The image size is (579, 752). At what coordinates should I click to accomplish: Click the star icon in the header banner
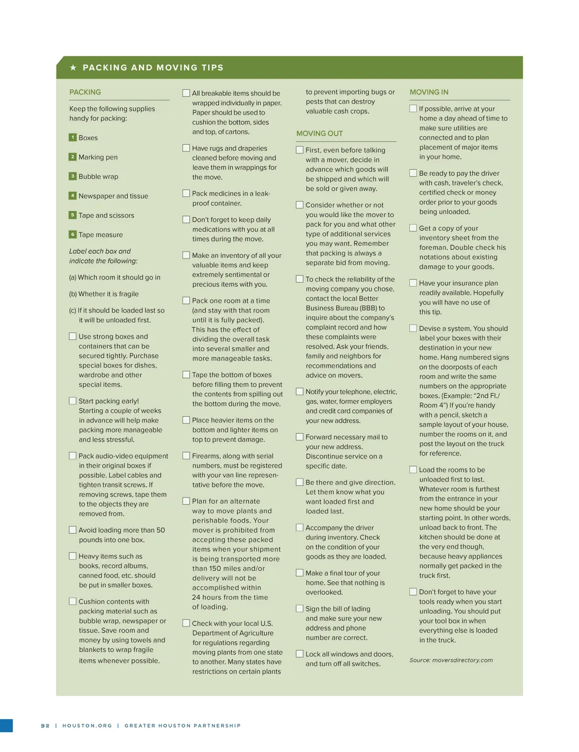(x=73, y=67)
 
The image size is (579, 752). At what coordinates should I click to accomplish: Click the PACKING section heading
(x=85, y=92)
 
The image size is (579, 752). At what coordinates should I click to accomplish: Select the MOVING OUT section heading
(x=319, y=133)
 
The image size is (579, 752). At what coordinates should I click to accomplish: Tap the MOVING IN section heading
(x=429, y=92)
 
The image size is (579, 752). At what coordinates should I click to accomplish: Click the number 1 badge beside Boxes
(x=72, y=137)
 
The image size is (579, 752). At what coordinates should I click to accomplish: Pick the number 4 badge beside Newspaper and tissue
(x=72, y=196)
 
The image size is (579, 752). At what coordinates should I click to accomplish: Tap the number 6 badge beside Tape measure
(x=72, y=234)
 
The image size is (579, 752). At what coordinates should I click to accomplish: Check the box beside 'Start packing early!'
(x=72, y=401)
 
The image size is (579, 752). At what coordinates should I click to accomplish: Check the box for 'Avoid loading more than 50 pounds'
(x=72, y=530)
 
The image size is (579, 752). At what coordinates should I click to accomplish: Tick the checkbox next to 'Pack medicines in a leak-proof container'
(x=186, y=193)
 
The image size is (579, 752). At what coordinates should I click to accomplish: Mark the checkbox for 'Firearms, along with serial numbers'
(x=186, y=456)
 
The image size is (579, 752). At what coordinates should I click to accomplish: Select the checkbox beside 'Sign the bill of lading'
(x=300, y=608)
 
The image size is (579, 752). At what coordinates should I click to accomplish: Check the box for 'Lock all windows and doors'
(x=300, y=654)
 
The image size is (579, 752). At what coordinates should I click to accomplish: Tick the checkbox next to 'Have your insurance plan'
(x=413, y=283)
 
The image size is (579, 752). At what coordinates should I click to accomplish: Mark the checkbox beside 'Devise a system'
(x=413, y=328)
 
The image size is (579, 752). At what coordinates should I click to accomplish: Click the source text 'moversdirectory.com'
(x=463, y=660)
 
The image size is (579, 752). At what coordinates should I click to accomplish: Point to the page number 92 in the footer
(x=45, y=725)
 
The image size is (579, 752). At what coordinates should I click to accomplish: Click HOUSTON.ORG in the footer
(x=87, y=725)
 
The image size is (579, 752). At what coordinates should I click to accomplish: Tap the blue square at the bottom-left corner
(x=6, y=725)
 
